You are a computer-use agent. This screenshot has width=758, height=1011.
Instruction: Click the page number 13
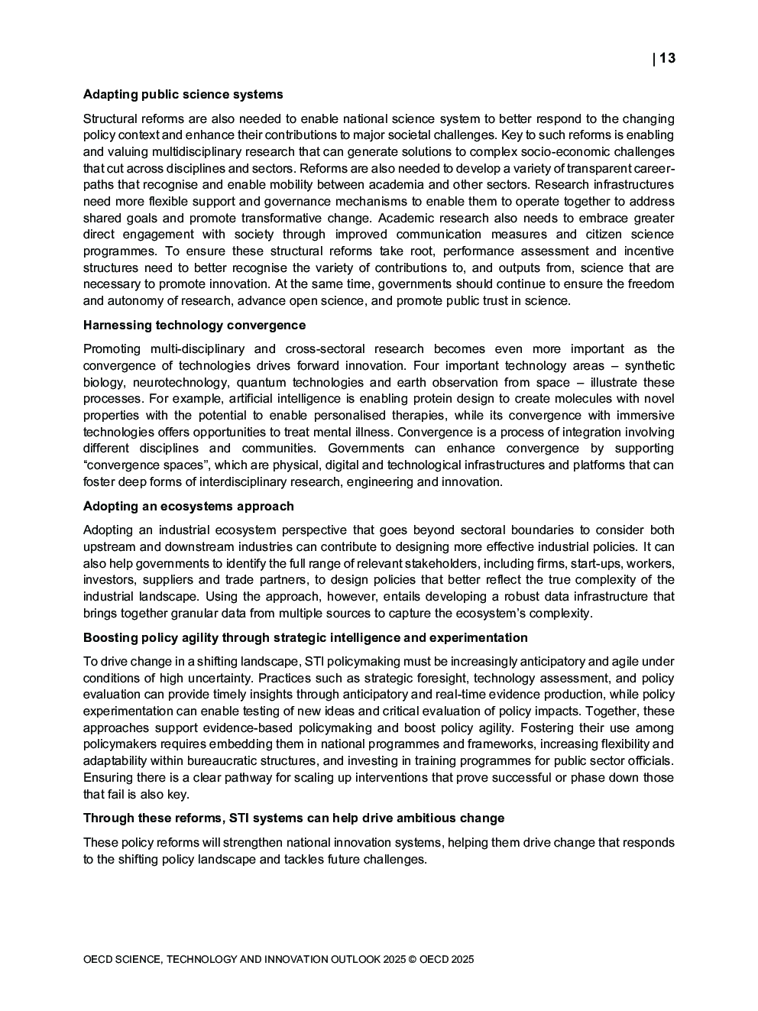click(667, 59)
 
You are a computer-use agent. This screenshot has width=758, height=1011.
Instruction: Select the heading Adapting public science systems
click(183, 95)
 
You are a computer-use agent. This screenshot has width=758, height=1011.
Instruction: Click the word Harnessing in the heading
click(117, 326)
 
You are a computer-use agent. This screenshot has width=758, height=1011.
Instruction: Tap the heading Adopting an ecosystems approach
click(188, 507)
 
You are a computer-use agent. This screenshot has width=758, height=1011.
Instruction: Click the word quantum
click(261, 383)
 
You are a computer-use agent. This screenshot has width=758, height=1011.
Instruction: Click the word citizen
click(608, 235)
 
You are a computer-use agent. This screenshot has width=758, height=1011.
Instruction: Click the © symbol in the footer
click(413, 960)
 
